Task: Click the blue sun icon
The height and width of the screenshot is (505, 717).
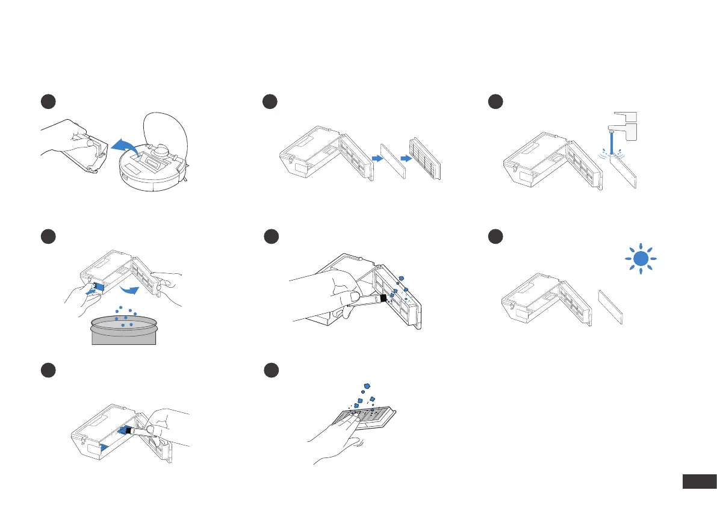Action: click(x=642, y=259)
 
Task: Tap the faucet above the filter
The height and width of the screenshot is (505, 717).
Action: click(x=624, y=128)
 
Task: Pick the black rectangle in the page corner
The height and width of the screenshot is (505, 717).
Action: click(x=698, y=482)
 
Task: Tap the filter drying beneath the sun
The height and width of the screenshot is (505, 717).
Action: click(x=611, y=308)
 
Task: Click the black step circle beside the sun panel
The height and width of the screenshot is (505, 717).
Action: click(x=496, y=237)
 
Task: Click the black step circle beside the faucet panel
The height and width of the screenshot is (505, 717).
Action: click(x=496, y=102)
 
